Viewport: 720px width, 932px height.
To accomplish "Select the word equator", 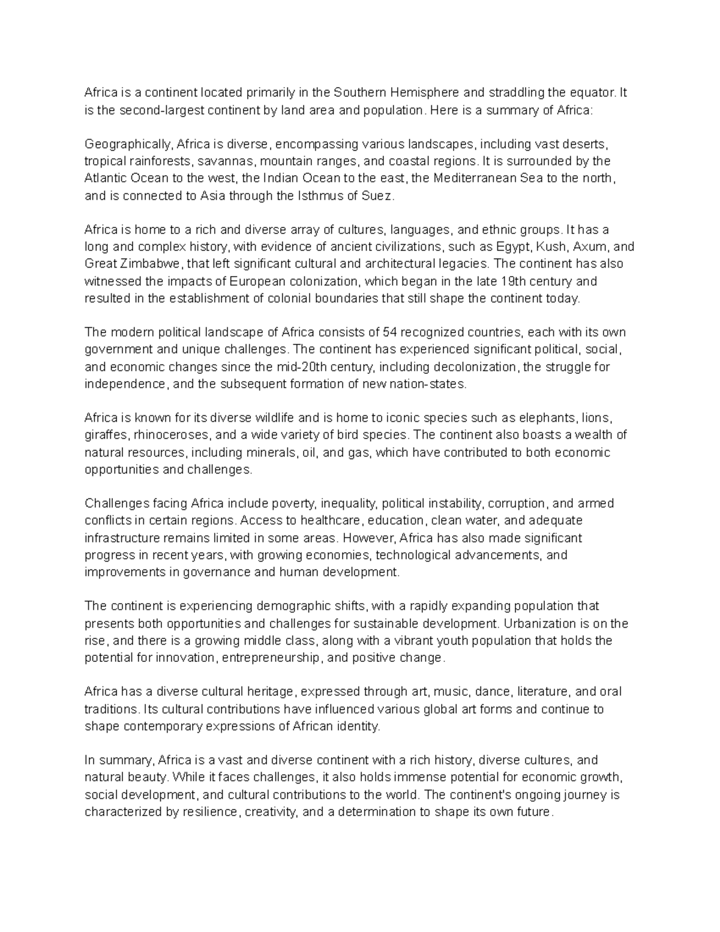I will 591,93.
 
